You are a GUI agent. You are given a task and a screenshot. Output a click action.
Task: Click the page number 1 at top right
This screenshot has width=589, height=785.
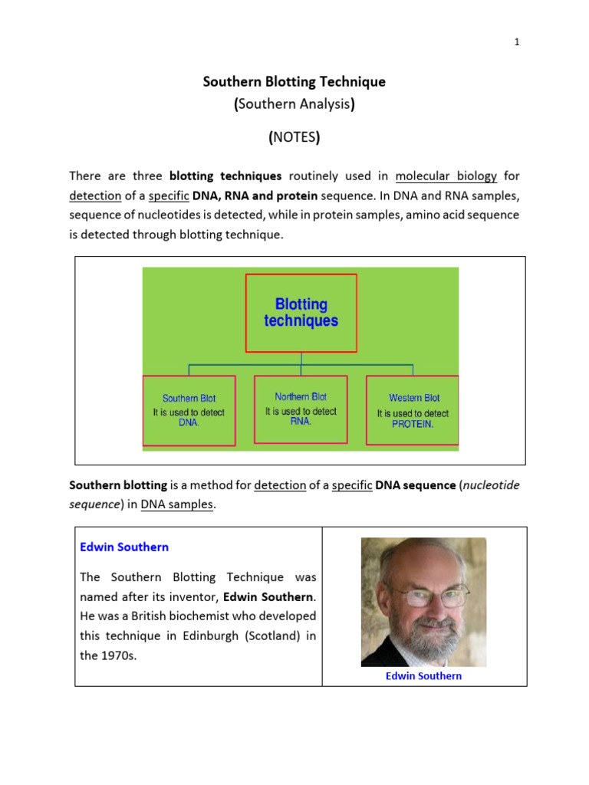pos(517,43)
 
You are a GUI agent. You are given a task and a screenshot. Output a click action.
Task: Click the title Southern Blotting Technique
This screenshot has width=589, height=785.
pos(294,81)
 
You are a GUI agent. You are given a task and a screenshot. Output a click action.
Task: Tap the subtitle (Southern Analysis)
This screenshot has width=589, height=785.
pos(294,106)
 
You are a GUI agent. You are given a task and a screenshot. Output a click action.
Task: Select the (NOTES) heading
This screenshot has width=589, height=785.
pos(294,138)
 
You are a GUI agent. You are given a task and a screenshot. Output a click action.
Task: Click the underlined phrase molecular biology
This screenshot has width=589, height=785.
pos(446,176)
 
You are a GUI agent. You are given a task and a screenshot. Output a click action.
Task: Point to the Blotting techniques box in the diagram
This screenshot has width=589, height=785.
pos(301,313)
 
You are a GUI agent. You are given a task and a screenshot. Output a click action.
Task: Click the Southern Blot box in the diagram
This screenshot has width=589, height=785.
pos(189,410)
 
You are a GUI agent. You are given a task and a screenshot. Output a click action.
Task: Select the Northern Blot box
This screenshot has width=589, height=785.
pos(301,409)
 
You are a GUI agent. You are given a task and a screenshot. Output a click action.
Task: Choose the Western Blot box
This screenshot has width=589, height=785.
pos(413,410)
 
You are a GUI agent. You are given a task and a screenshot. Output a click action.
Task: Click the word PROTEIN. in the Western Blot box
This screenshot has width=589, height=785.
pos(413,424)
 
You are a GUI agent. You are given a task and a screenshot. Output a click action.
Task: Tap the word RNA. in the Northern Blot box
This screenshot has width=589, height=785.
pos(301,422)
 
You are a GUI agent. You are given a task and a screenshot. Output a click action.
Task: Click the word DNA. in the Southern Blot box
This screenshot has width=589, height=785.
pos(189,422)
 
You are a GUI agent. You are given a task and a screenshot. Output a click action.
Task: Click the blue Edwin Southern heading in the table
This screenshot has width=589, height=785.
pos(124,547)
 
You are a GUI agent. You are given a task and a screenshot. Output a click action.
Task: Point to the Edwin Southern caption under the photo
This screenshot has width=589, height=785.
pos(424,676)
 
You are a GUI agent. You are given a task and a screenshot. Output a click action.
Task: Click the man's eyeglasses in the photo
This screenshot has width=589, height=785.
pos(423,596)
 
